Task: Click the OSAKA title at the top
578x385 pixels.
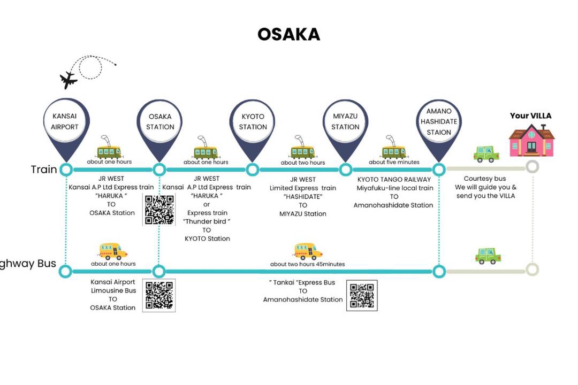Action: pos(288,34)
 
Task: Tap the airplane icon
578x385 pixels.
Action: pos(68,80)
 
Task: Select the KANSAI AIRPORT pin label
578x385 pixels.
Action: pos(65,121)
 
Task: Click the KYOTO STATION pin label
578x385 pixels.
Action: pos(253,121)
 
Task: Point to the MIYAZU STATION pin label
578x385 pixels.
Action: pos(345,121)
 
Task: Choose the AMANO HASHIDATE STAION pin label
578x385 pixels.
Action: pos(439,121)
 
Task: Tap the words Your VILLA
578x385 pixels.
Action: pos(530,115)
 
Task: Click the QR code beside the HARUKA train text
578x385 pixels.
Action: pos(159,210)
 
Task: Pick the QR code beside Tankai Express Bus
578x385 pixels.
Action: pos(362,296)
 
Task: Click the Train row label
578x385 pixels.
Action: pos(43,169)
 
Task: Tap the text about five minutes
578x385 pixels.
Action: pos(394,162)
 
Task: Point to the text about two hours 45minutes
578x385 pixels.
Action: pos(307,264)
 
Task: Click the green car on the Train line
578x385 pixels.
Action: pos(486,154)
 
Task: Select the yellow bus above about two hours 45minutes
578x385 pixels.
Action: pos(308,251)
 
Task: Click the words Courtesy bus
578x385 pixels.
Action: pos(485,179)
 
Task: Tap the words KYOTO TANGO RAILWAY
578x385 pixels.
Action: pos(394,180)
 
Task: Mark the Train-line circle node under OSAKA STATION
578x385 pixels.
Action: pos(159,170)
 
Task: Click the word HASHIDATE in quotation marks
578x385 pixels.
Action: pos(302,197)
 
